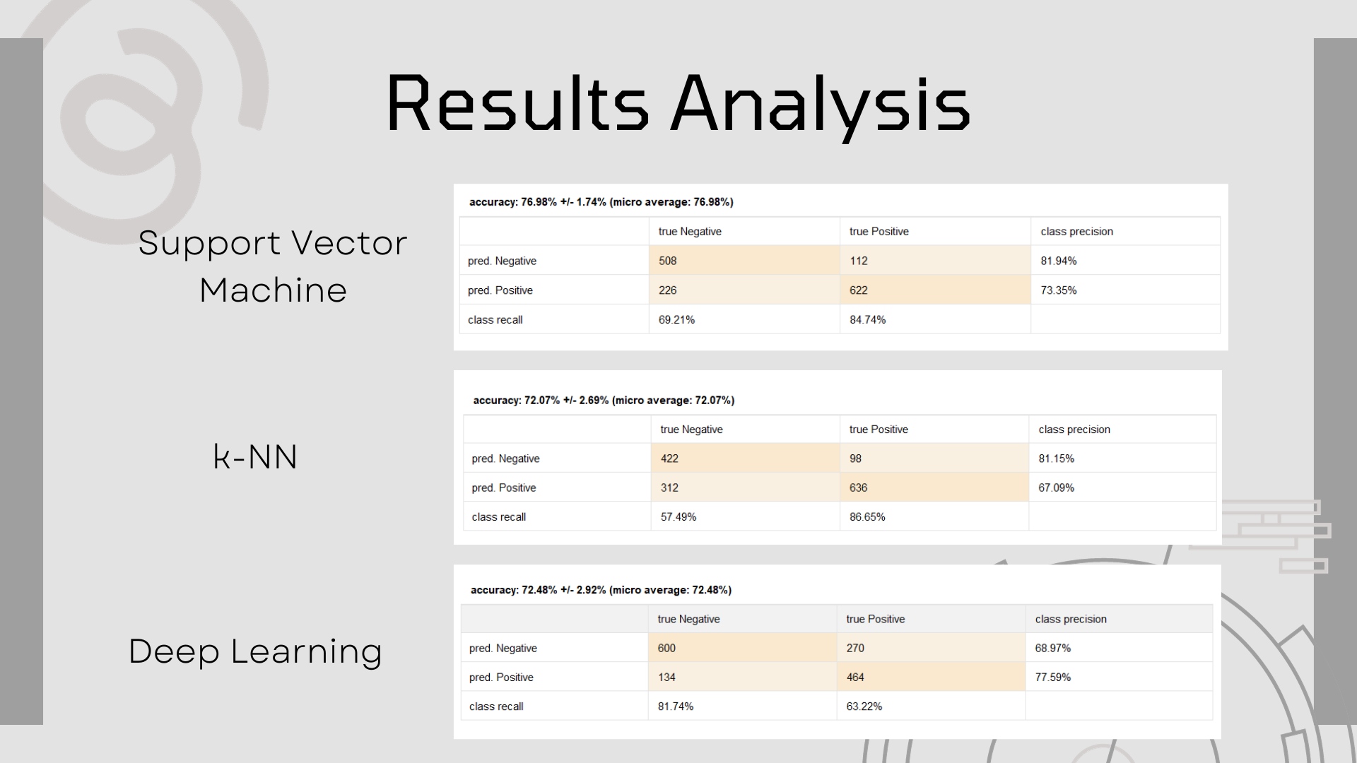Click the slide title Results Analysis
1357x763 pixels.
(678, 105)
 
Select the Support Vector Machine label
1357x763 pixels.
(273, 266)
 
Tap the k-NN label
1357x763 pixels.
(255, 456)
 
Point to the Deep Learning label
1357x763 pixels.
(255, 651)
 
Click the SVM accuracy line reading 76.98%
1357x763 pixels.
(601, 202)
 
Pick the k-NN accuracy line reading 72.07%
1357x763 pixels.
(604, 401)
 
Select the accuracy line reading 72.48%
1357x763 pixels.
(601, 590)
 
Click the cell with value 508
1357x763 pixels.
(744, 261)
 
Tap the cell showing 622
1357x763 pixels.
(935, 290)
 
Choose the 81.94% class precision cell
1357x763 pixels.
(1125, 261)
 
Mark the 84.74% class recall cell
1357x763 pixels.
(935, 319)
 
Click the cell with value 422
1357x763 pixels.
(745, 458)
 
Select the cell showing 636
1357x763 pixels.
(934, 487)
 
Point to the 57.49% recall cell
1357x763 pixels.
(745, 516)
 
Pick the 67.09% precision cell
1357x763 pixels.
(1122, 487)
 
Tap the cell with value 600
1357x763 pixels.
(742, 648)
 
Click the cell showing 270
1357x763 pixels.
(931, 648)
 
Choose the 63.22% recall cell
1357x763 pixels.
(931, 706)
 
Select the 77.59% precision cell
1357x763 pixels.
(1119, 677)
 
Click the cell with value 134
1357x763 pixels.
(742, 677)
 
